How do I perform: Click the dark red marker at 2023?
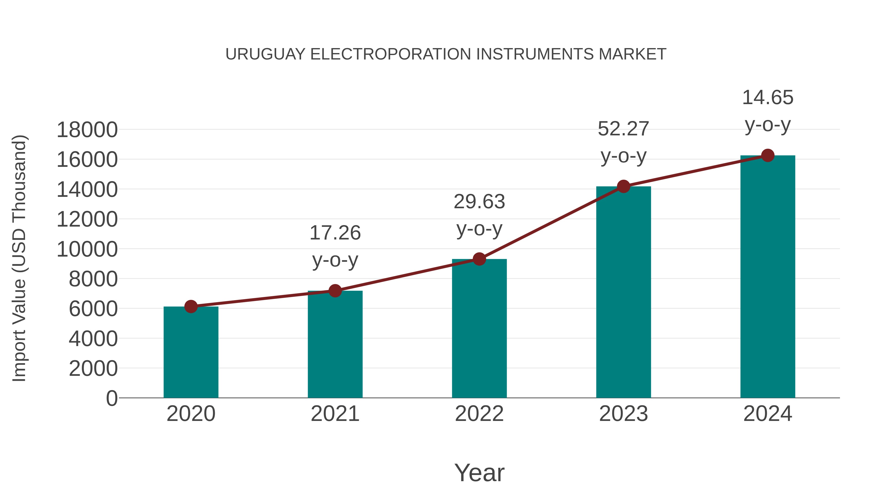(623, 186)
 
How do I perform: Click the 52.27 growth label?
(623, 129)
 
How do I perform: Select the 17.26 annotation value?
(335, 233)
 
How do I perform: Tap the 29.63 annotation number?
(479, 202)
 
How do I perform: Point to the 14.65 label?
(768, 97)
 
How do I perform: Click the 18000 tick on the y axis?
(87, 130)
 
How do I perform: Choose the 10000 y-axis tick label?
(87, 249)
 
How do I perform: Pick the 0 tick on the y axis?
(111, 398)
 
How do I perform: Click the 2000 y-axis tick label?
(93, 368)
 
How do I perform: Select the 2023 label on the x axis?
(623, 414)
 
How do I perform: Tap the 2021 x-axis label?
(335, 414)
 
